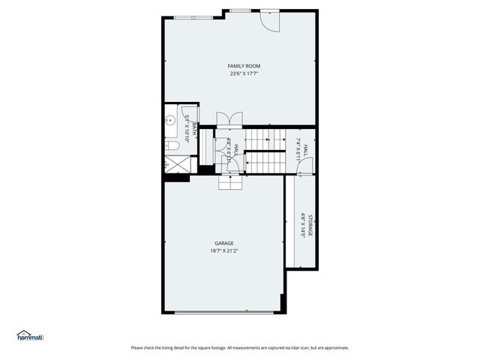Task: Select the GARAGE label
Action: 224,243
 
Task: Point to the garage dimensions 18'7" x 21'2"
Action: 224,251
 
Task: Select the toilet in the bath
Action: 171,145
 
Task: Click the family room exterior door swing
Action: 268,21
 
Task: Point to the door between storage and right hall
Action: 301,173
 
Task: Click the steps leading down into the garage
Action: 230,182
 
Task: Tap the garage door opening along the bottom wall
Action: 221,312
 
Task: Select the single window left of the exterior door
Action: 240,10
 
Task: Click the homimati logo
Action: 31,335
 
